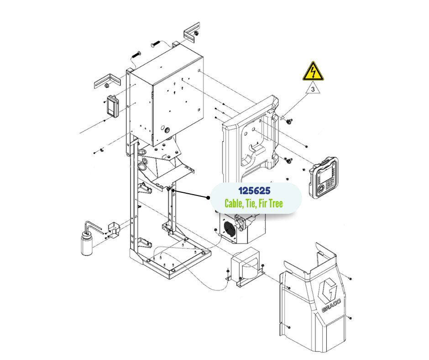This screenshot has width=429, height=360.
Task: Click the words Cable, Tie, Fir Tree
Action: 253,203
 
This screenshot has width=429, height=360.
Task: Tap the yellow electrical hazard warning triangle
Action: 313,72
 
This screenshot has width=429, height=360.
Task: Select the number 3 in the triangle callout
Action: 313,90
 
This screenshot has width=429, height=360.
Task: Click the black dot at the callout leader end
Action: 209,198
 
